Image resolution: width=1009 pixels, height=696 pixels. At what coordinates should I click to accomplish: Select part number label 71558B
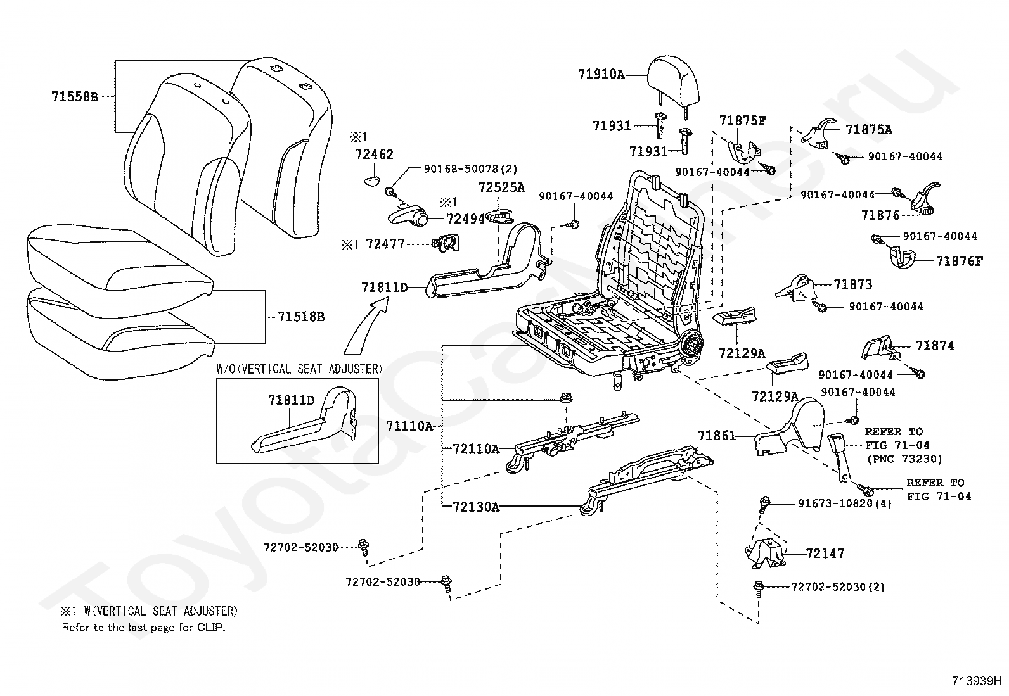click(x=74, y=97)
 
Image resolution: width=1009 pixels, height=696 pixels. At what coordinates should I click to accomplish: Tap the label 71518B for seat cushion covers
click(x=300, y=317)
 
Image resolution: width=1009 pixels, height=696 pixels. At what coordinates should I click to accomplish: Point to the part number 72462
click(x=374, y=154)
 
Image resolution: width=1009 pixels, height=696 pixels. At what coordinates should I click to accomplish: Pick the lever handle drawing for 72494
click(x=407, y=217)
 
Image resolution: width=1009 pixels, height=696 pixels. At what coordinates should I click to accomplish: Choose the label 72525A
click(x=502, y=187)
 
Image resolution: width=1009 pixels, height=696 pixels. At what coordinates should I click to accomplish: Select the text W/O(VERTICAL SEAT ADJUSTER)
click(x=300, y=369)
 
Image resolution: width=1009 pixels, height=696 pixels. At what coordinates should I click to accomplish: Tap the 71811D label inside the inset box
click(x=291, y=400)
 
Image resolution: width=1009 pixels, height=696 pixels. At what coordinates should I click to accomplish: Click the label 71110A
click(x=409, y=426)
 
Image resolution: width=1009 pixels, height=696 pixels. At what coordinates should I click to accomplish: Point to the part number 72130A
click(x=476, y=507)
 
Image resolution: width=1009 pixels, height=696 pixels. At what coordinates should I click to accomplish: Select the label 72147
click(x=825, y=554)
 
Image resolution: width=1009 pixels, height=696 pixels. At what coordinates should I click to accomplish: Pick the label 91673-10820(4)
click(x=844, y=504)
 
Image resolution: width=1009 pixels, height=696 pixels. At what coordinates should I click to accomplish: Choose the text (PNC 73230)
click(x=904, y=459)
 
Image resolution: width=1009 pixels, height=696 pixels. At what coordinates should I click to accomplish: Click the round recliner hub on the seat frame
click(x=693, y=346)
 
